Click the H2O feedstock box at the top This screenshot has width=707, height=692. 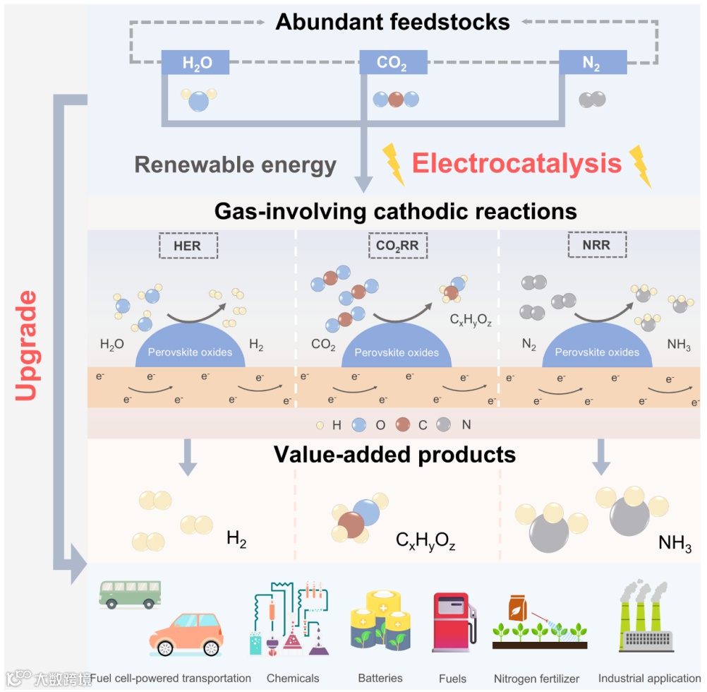[196, 63]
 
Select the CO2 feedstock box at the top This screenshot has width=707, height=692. [392, 63]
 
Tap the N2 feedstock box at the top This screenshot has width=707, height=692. [591, 63]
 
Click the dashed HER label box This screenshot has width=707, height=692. [187, 246]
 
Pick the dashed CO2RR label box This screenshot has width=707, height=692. [398, 246]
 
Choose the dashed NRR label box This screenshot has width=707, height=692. [597, 246]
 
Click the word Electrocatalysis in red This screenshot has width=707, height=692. [516, 164]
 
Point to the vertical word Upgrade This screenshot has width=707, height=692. [25, 345]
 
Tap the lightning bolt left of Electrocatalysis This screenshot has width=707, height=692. [393, 164]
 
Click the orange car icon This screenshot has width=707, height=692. [186, 633]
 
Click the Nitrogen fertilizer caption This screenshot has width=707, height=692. [536, 679]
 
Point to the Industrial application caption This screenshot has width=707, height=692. [649, 679]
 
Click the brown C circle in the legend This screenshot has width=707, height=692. [403, 425]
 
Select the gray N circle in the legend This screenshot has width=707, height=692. [443, 425]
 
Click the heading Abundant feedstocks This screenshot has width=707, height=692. [392, 22]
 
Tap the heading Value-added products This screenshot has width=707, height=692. [394, 454]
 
